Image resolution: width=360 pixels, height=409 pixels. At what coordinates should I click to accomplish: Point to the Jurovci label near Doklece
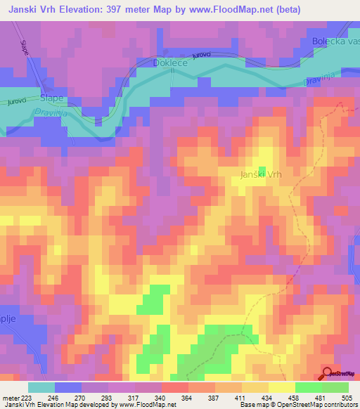pyautogui.click(x=201, y=55)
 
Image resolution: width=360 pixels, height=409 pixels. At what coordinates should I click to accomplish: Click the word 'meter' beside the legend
pyautogui.click(x=10, y=398)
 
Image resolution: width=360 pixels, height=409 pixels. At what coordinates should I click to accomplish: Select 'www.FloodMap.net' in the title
pyautogui.click(x=219, y=10)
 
